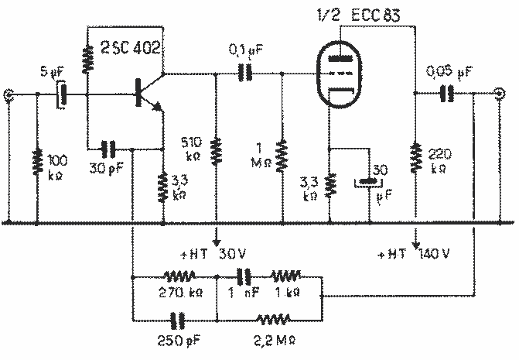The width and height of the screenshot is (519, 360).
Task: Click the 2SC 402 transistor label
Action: pos(130,49)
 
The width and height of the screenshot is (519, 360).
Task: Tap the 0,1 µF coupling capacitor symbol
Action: pos(246,74)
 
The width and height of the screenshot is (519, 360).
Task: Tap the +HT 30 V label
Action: pos(210,254)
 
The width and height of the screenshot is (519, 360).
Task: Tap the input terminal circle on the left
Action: pos(9,95)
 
